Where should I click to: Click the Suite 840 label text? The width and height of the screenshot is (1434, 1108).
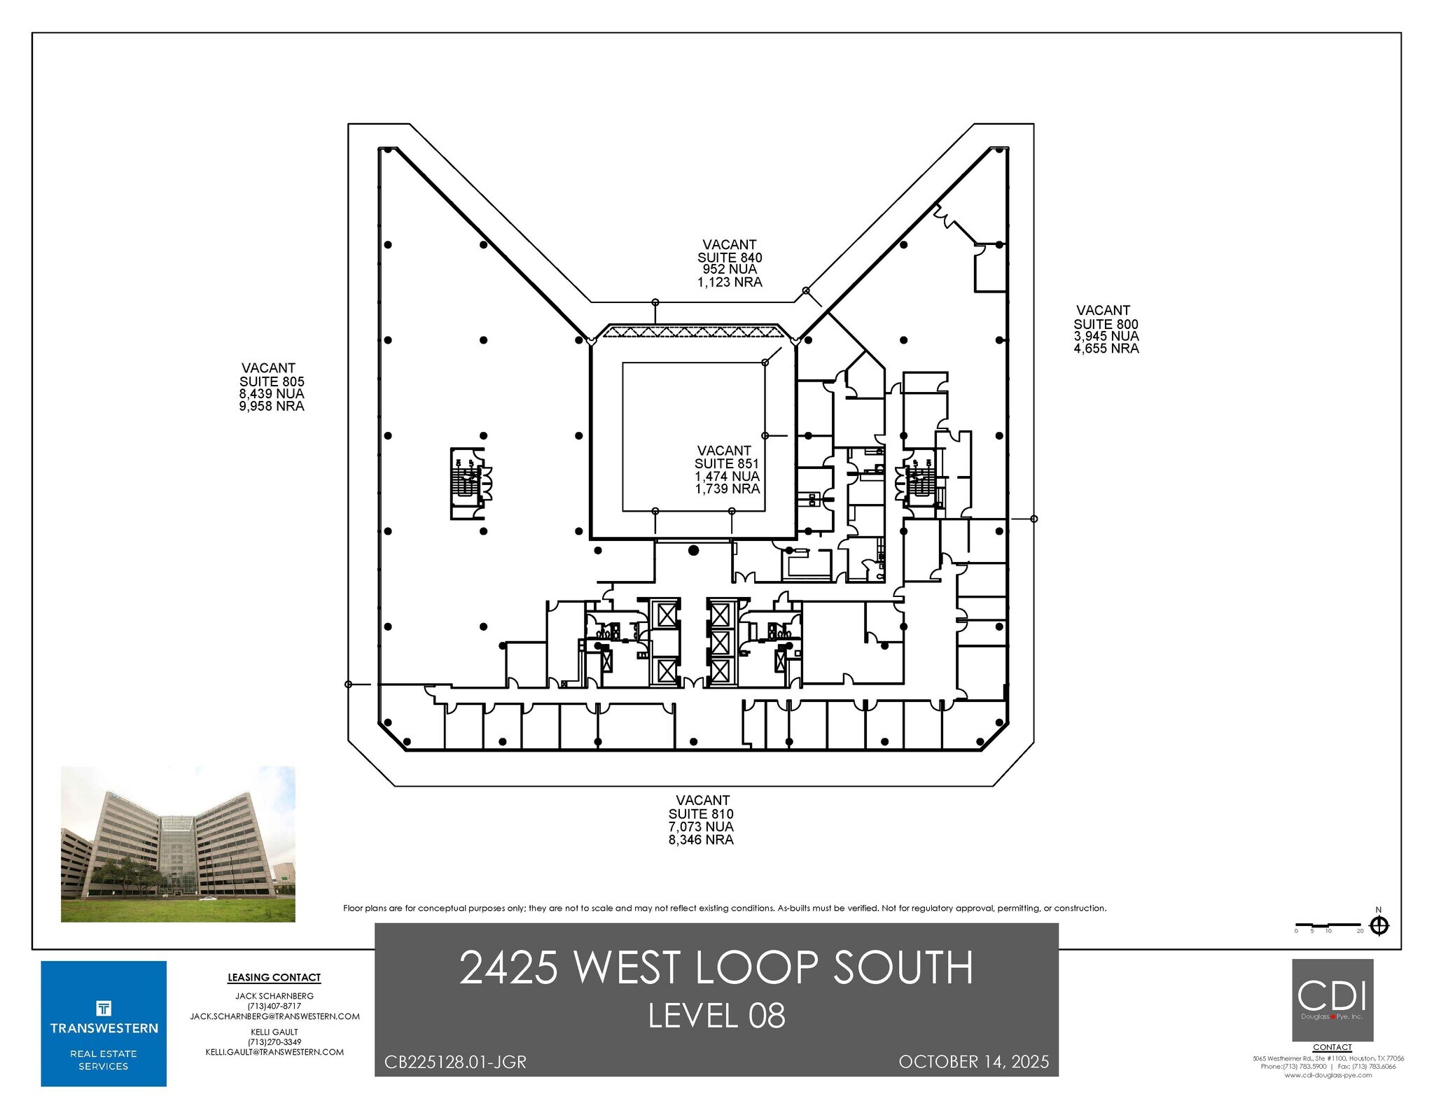(x=730, y=258)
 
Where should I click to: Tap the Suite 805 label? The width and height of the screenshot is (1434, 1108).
(x=272, y=381)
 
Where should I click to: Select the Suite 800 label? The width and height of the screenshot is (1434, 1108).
(x=1106, y=324)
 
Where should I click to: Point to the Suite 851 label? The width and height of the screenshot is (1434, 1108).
(x=726, y=463)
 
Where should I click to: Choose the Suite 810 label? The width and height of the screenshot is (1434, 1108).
(x=701, y=814)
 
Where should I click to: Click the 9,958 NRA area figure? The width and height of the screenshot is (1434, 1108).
(x=272, y=406)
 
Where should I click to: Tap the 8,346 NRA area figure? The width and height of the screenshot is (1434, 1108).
(x=701, y=840)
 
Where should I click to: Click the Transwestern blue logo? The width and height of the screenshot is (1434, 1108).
(x=104, y=1023)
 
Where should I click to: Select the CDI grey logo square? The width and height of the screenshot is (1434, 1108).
(x=1332, y=1000)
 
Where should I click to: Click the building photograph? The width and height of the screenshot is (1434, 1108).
(x=178, y=843)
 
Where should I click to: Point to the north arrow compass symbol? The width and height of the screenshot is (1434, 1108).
(x=1379, y=926)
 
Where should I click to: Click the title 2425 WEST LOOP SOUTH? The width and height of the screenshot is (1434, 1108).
(x=716, y=968)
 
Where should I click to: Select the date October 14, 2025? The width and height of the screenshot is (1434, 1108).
(x=973, y=1062)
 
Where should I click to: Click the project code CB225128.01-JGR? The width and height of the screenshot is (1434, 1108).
(x=455, y=1062)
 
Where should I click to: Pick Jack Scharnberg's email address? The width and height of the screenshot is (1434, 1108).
(x=274, y=1016)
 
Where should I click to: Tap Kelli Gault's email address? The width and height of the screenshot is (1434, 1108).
(x=274, y=1052)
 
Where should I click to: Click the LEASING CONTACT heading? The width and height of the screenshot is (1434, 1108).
(x=274, y=978)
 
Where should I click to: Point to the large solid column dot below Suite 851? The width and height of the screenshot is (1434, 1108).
(x=693, y=551)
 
